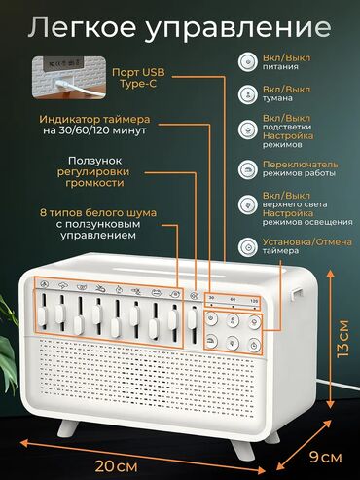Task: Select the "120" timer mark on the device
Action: click(254, 301)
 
